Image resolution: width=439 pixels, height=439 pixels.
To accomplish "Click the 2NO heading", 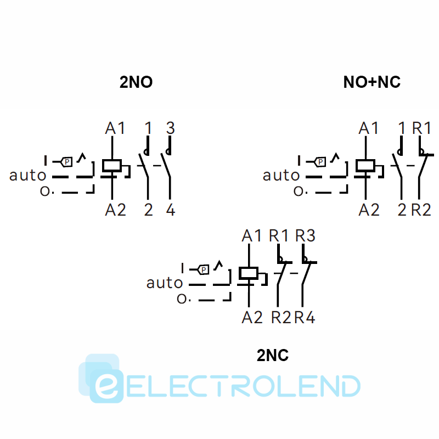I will [x=136, y=82].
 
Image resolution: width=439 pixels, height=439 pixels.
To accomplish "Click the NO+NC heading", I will [x=372, y=82].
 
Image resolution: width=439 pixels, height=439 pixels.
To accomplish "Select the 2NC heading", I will [x=273, y=356].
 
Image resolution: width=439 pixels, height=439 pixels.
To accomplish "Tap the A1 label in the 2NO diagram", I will [x=115, y=128].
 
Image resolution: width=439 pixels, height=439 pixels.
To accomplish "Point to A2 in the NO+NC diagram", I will [x=369, y=209].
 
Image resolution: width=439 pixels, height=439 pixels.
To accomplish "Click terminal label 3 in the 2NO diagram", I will [x=170, y=128].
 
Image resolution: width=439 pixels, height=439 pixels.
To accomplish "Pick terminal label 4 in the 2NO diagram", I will [x=171, y=209].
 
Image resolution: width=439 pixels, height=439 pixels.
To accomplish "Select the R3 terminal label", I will [x=305, y=235].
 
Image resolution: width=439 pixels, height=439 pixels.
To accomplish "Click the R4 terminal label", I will [x=305, y=317].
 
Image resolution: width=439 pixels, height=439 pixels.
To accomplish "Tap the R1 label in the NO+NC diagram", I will [x=422, y=128].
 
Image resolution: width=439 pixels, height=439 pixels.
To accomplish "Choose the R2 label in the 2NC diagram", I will [x=281, y=317].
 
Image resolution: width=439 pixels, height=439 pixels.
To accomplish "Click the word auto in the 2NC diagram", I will [x=165, y=283].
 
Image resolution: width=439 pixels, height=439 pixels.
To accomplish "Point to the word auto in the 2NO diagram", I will [x=27, y=176].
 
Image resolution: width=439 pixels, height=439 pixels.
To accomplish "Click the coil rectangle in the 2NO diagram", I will [x=112, y=166].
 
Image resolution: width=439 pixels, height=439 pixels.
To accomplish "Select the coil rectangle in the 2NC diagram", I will [x=249, y=273].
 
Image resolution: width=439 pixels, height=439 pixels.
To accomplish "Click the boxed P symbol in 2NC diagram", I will [x=204, y=269].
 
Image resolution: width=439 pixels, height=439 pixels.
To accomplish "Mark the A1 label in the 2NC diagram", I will [x=252, y=235].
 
